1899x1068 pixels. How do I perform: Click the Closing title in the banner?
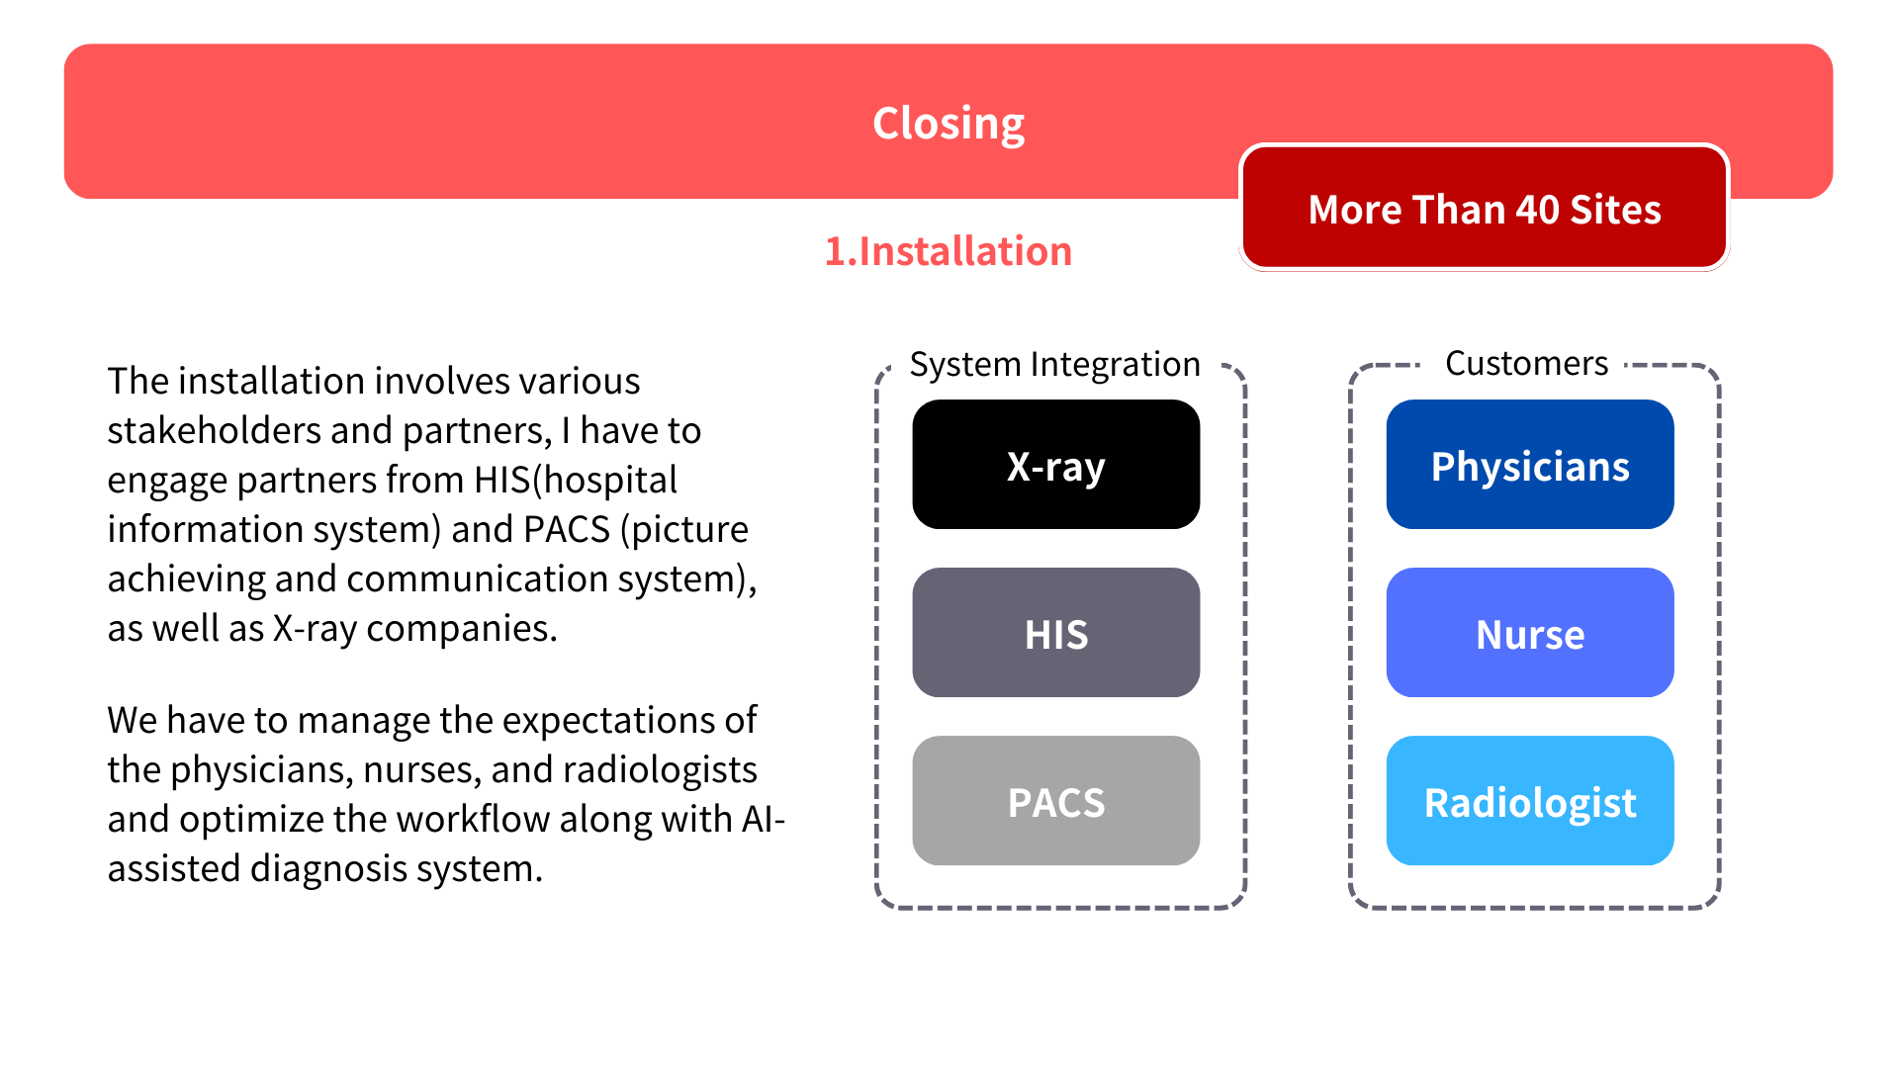[949, 124]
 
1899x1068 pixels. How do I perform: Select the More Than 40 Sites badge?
[1484, 209]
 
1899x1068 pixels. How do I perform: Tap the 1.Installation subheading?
[949, 251]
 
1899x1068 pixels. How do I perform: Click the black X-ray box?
[1055, 465]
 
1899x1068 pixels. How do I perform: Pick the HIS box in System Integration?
[1055, 633]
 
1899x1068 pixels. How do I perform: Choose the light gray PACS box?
[1055, 801]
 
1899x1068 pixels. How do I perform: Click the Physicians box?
[1529, 465]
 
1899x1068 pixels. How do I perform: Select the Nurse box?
[1529, 633]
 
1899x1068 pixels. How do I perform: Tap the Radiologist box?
[1529, 801]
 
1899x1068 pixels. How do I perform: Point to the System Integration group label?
[1054, 364]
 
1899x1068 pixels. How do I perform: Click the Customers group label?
[1526, 363]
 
